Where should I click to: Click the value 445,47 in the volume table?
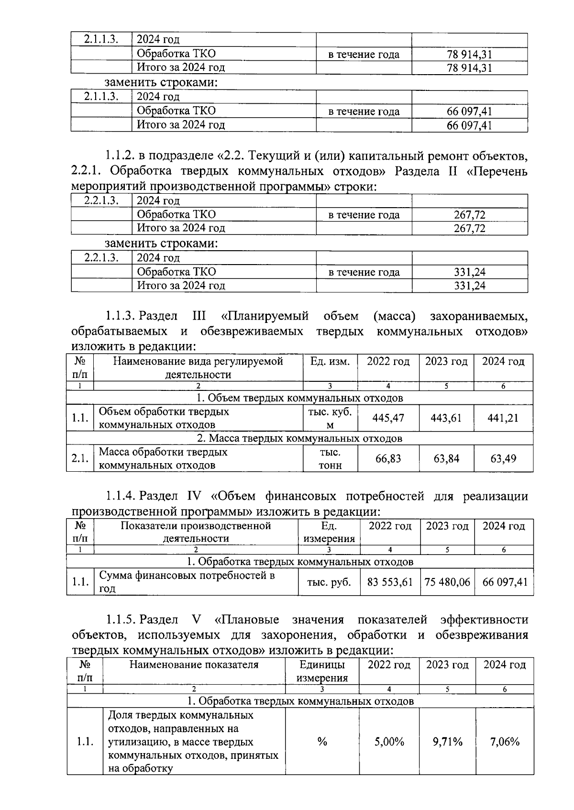point(388,418)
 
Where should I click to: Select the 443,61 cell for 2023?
point(446,418)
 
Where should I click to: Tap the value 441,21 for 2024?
point(503,418)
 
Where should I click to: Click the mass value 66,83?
point(388,458)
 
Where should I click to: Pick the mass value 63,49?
point(503,458)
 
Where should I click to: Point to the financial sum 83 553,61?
point(390,582)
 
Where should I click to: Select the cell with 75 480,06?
point(447,582)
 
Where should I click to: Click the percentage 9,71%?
point(447,742)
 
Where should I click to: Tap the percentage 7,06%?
point(505,742)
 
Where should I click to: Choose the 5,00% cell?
point(389,742)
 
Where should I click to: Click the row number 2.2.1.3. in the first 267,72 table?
point(101,200)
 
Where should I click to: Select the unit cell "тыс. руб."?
point(329,582)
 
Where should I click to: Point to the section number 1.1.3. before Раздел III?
point(121,316)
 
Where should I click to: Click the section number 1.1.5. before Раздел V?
point(121,620)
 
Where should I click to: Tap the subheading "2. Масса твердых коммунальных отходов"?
point(299,438)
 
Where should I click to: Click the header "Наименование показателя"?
point(194,665)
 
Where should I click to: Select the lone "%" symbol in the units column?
point(322,742)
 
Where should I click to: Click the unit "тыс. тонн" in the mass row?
point(330,458)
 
